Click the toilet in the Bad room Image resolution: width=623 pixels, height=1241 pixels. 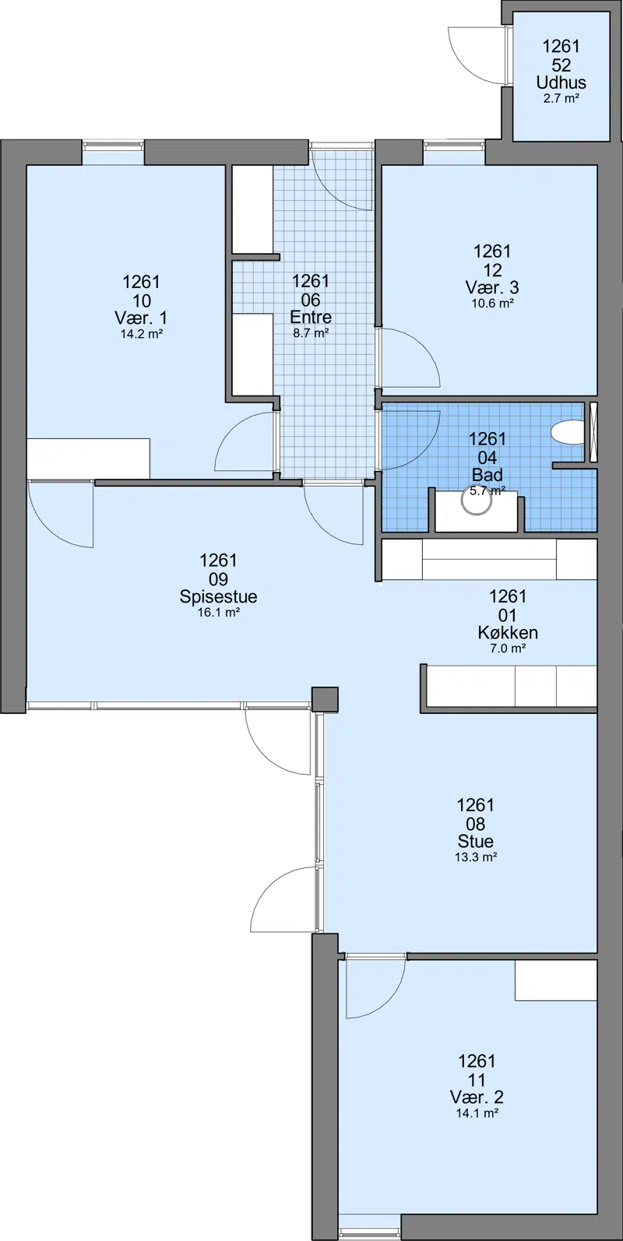coord(568,432)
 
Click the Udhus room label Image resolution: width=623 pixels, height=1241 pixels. coord(561,83)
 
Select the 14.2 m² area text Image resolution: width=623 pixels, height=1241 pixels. coord(141,334)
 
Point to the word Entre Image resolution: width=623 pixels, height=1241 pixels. coord(311,318)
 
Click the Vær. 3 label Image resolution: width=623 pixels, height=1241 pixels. coord(492,287)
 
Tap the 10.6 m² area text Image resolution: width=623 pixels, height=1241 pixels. coord(492,303)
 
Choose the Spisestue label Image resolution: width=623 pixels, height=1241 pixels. coord(218,596)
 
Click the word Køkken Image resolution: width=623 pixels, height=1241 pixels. coord(508,633)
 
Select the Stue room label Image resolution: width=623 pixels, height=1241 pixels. coord(476,841)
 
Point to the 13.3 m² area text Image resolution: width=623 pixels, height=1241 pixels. coord(476,857)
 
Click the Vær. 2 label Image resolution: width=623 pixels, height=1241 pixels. coord(477,1098)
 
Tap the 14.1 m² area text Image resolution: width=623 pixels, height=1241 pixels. coord(477,1113)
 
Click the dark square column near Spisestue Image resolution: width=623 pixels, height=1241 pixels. coord(325,699)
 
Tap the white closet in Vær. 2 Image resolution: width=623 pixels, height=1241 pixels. coord(556,981)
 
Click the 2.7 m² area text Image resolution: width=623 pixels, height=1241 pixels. coord(561,99)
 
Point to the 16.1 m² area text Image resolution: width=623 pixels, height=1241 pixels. coord(218,613)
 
